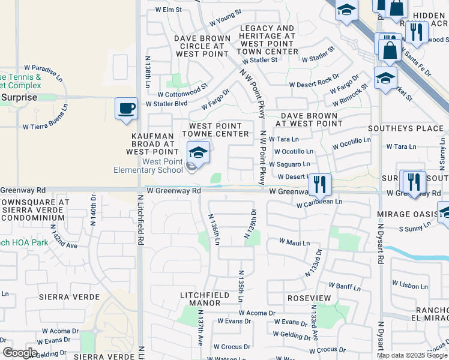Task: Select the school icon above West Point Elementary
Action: point(198,154)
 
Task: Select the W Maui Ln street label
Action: point(294,242)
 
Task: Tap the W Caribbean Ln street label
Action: point(319,204)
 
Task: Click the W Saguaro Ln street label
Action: point(289,164)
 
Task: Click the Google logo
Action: point(19,353)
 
